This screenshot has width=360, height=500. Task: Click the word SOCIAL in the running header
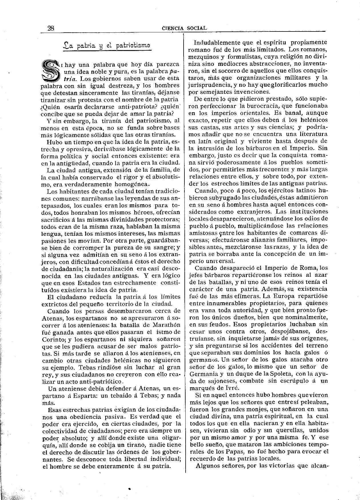click(196, 28)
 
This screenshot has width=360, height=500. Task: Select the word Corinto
click(53, 339)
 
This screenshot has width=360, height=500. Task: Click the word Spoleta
click(281, 374)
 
